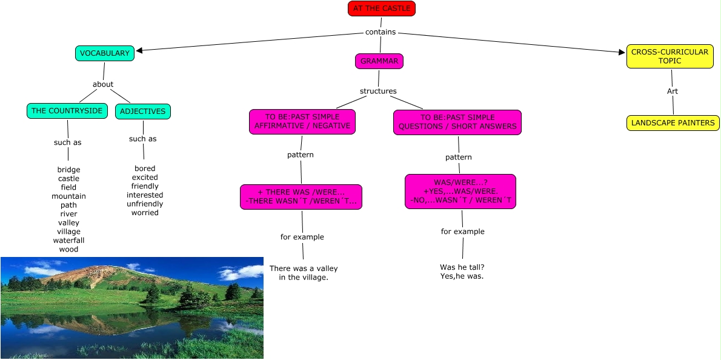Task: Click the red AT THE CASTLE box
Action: [x=381, y=8]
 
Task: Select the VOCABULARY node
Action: [x=104, y=53]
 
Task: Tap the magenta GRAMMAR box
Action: [x=379, y=61]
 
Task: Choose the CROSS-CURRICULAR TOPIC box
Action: [x=669, y=56]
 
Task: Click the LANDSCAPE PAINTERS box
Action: [x=673, y=123]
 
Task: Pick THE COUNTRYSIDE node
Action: [x=67, y=111]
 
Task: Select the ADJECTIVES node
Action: [x=143, y=112]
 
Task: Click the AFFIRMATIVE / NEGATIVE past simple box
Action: [x=302, y=122]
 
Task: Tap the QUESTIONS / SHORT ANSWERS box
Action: [x=457, y=122]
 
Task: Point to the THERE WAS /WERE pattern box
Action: [x=301, y=197]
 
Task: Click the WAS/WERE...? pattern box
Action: [x=460, y=192]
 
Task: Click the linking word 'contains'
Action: [x=380, y=32]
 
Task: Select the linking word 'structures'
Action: [x=378, y=92]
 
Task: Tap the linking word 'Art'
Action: [x=673, y=92]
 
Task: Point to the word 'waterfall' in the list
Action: [x=68, y=241]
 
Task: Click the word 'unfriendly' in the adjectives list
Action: [x=145, y=204]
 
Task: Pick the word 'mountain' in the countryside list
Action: [x=68, y=196]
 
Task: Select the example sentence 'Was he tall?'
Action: [x=462, y=267]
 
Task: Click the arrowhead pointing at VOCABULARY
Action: [x=139, y=51]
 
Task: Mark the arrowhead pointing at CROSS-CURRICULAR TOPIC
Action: [x=622, y=53]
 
